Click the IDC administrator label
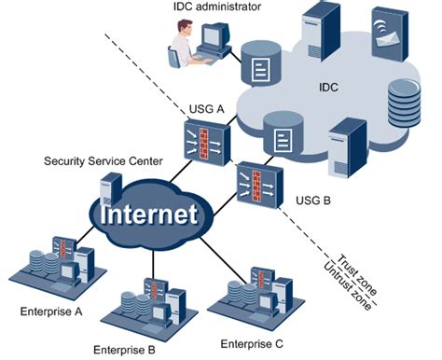tap(217, 8)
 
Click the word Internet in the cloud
tap(150, 215)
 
